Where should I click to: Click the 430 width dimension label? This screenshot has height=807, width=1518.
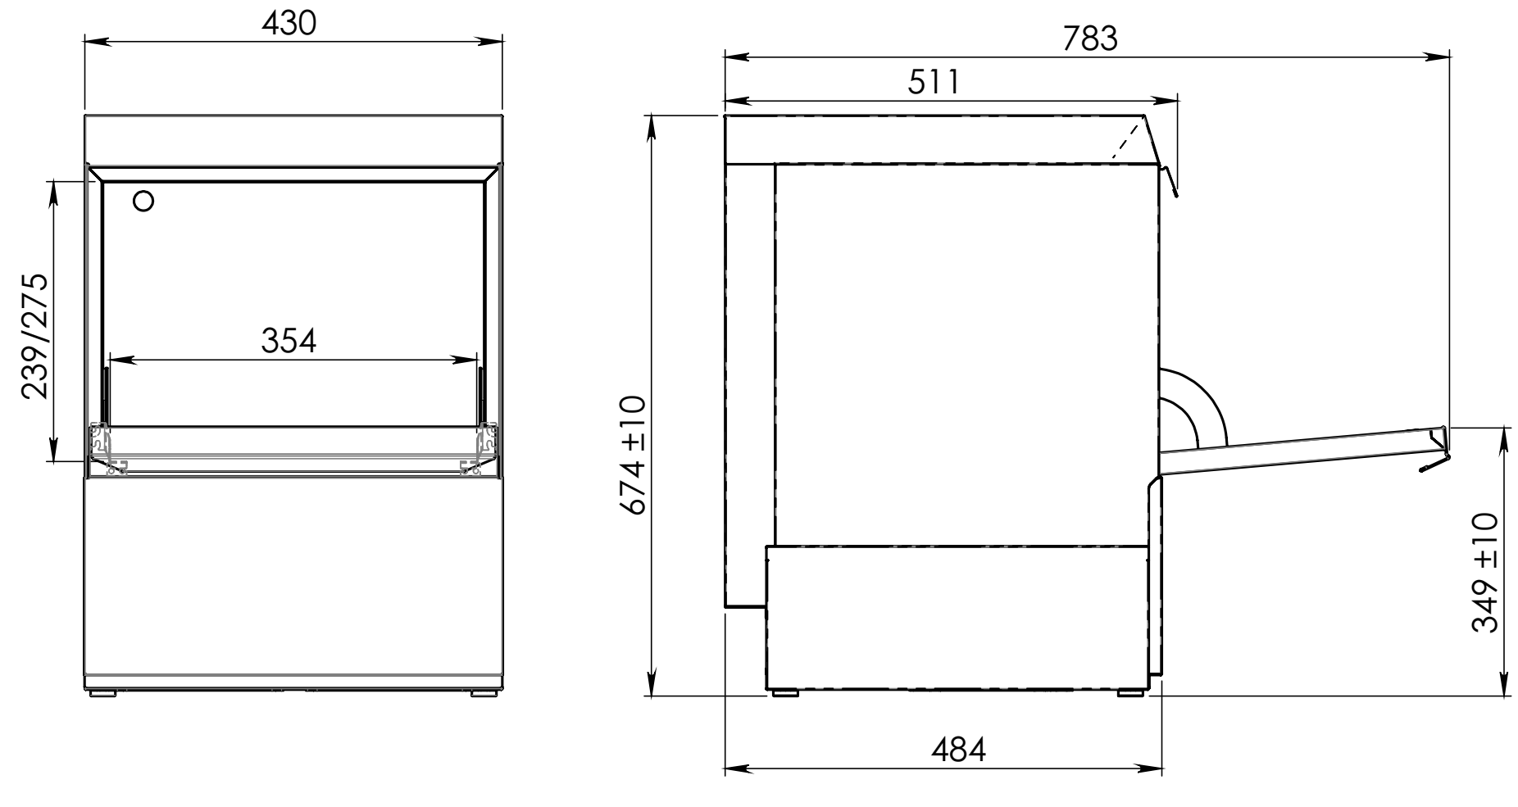pyautogui.click(x=289, y=25)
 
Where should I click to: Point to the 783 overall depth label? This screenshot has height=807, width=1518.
pyautogui.click(x=1090, y=39)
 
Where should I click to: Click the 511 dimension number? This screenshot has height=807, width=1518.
pyautogui.click(x=934, y=82)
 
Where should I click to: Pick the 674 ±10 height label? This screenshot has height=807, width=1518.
pyautogui.click(x=634, y=454)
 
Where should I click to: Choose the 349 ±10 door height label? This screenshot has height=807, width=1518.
pyautogui.click(x=1485, y=574)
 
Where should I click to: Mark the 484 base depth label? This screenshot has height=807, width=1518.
pyautogui.click(x=958, y=749)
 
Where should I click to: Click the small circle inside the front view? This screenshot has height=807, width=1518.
pyautogui.click(x=143, y=201)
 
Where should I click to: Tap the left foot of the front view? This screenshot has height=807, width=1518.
pyautogui.click(x=102, y=693)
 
